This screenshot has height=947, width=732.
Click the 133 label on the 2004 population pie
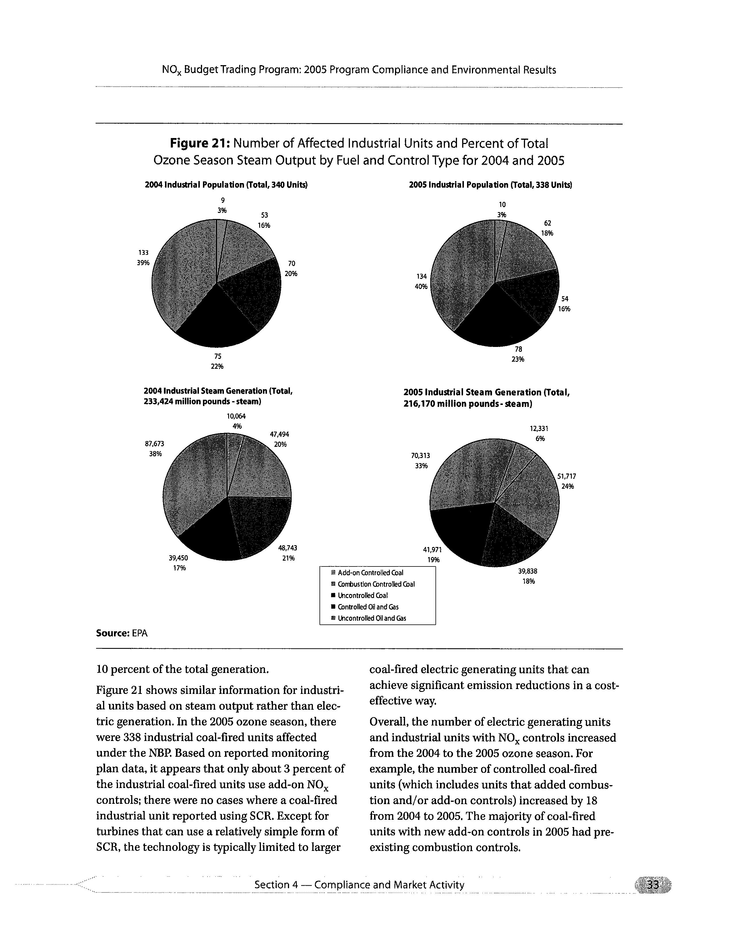pyautogui.click(x=144, y=252)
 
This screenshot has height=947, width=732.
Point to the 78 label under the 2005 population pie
pyautogui.click(x=518, y=349)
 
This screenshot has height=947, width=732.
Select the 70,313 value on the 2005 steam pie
pyautogui.click(x=420, y=455)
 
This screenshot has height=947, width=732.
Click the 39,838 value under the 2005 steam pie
pyautogui.click(x=528, y=571)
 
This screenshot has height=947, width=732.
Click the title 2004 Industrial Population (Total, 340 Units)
pyautogui.click(x=226, y=185)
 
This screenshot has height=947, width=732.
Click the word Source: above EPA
pyautogui.click(x=112, y=633)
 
